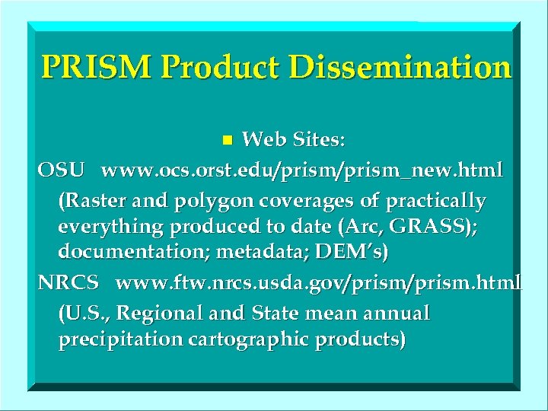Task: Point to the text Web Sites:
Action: (x=293, y=140)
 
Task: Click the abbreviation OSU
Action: (x=62, y=170)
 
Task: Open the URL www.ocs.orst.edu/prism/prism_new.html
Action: (x=302, y=170)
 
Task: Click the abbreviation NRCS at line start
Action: (x=69, y=282)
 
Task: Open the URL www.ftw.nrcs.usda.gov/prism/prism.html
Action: (x=319, y=282)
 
